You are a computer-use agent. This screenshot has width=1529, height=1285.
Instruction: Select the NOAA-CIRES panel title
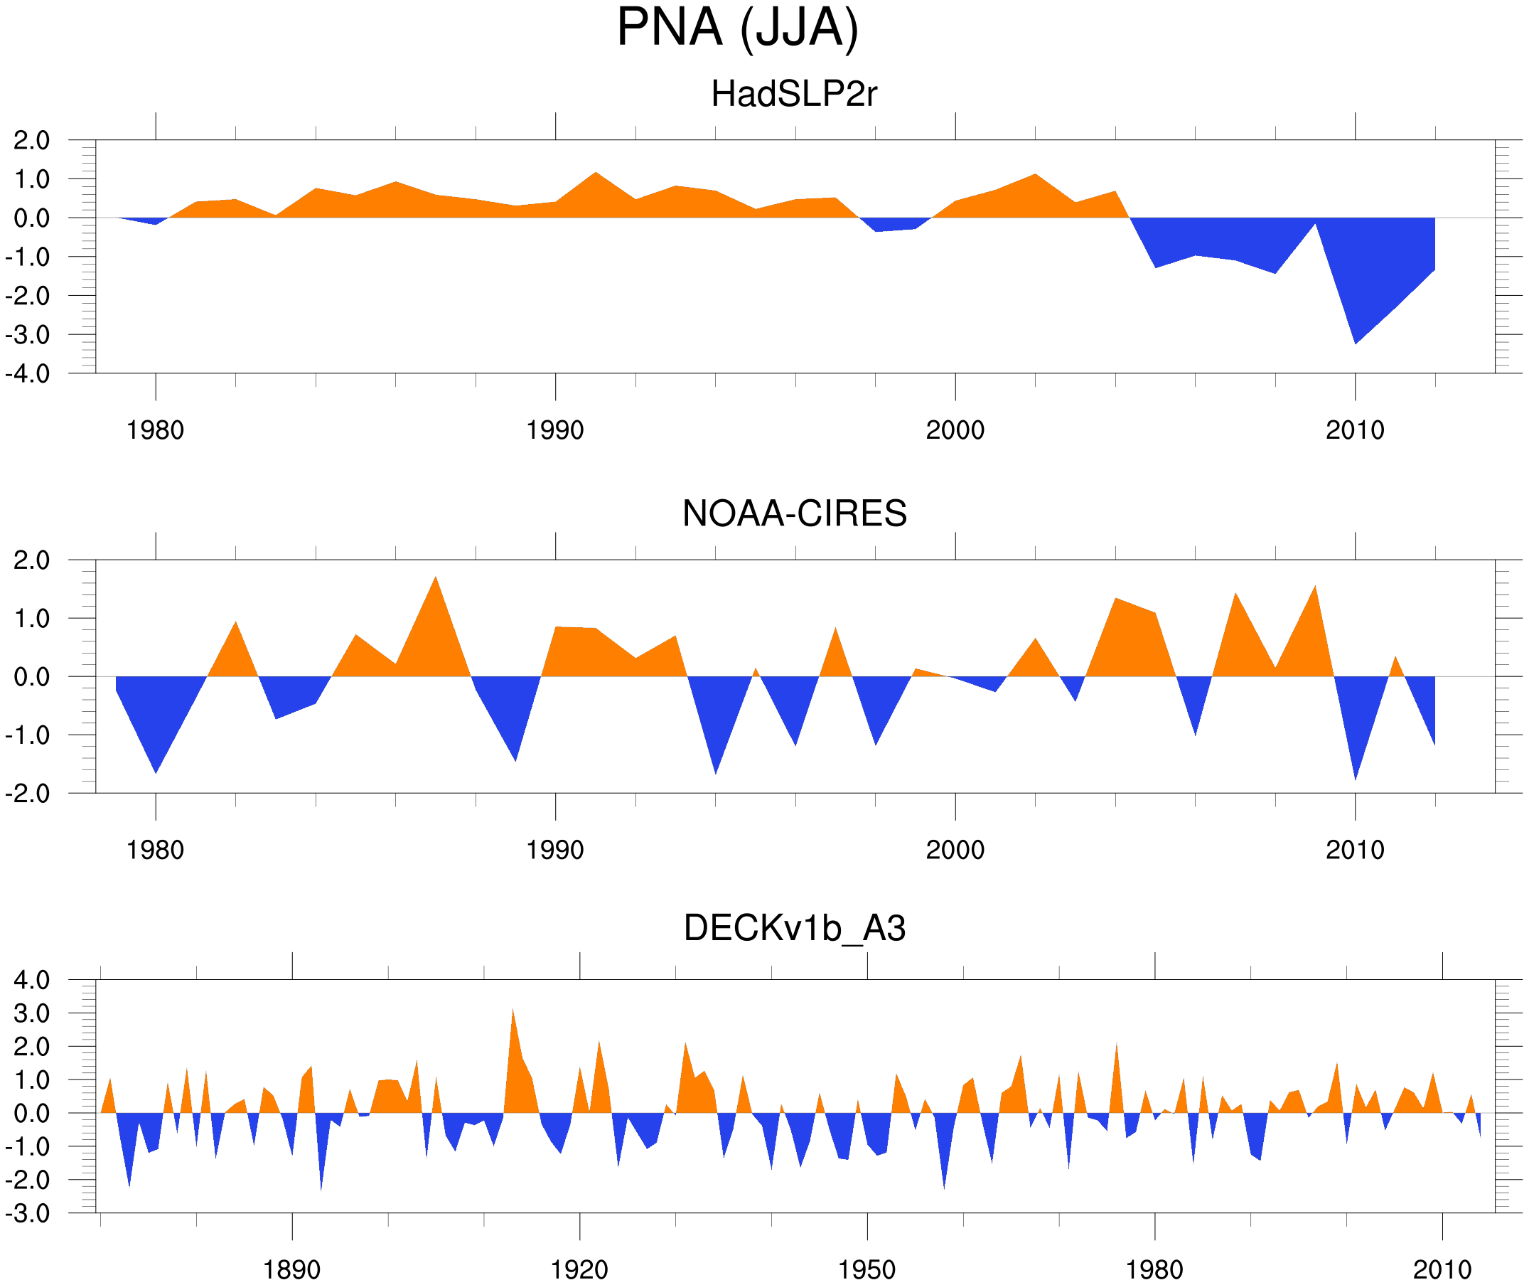pyautogui.click(x=794, y=513)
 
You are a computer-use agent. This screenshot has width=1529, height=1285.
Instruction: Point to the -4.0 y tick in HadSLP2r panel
pyautogui.click(x=28, y=374)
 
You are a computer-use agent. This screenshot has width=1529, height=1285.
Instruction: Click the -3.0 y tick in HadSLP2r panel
pyautogui.click(x=28, y=335)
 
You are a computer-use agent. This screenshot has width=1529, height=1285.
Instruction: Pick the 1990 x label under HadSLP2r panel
pyautogui.click(x=555, y=430)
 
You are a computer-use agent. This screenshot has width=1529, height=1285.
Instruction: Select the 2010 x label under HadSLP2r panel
pyautogui.click(x=1354, y=430)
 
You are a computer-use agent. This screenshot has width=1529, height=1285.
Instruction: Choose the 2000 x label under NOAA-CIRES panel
pyautogui.click(x=955, y=850)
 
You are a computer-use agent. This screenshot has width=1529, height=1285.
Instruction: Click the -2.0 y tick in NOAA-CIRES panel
pyautogui.click(x=28, y=794)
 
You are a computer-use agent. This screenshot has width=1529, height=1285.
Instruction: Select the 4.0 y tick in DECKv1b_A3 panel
pyautogui.click(x=32, y=981)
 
